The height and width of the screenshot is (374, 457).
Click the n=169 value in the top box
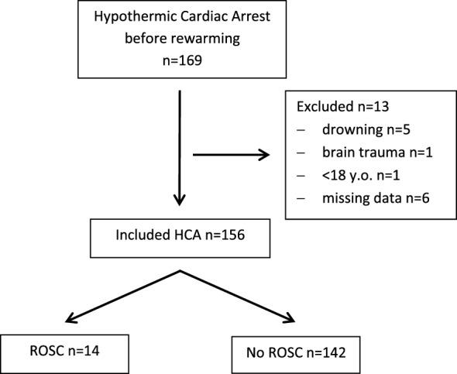tap(180, 57)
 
